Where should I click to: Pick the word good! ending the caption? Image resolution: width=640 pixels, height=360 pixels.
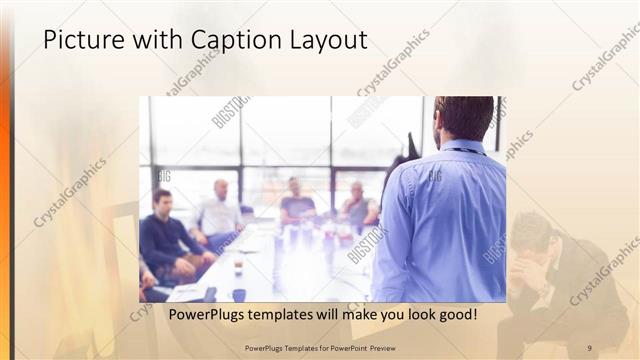(456, 314)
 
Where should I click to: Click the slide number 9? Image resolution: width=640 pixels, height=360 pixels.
(589, 347)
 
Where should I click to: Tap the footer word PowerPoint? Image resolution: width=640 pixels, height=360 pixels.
(345, 347)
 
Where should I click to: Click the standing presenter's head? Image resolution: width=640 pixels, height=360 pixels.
(464, 117)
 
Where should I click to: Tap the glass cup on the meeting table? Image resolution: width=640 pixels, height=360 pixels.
(238, 265)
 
